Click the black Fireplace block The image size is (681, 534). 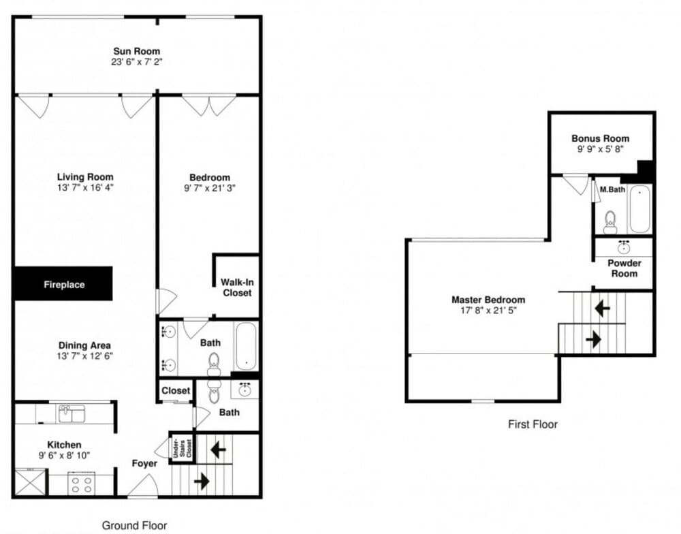[x=64, y=284]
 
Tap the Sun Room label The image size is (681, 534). [x=137, y=51]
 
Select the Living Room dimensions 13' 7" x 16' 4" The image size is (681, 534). [x=85, y=188]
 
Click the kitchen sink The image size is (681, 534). [x=72, y=413]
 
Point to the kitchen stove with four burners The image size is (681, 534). [x=82, y=484]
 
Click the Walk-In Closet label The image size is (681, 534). [x=237, y=287]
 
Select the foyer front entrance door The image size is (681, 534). [x=142, y=486]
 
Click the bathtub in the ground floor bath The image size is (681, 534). [x=247, y=346]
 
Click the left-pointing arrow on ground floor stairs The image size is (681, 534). [x=218, y=450]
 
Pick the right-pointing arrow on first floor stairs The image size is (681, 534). [x=593, y=339]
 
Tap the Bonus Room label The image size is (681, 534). [x=600, y=138]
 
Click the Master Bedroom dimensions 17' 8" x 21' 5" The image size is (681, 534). [x=488, y=310]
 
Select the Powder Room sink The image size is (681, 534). [x=624, y=247]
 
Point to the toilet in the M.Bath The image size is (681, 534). [x=611, y=222]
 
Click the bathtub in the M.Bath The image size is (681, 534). [x=640, y=209]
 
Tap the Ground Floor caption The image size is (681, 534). [x=135, y=525]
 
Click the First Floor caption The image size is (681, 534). [x=533, y=424]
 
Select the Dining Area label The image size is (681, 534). [x=84, y=345]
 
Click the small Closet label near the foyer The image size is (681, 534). [x=176, y=390]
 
